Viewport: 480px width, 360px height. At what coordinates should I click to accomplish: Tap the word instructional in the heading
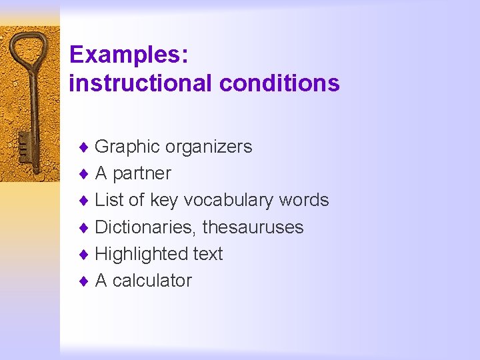click(141, 83)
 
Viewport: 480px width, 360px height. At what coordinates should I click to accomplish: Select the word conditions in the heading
click(279, 83)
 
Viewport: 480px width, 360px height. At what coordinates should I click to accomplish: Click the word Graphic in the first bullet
click(127, 147)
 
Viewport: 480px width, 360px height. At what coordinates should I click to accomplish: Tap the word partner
click(142, 174)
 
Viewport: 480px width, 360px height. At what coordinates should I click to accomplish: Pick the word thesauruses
click(253, 227)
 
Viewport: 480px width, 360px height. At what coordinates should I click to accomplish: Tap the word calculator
click(152, 281)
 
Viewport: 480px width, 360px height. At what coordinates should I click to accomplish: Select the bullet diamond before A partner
click(83, 174)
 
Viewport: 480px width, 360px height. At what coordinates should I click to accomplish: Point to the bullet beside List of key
click(83, 201)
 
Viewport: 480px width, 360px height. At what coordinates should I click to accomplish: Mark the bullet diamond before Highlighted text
click(83, 254)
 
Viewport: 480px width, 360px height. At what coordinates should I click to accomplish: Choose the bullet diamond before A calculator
click(83, 281)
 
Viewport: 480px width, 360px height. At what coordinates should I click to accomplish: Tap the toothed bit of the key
click(23, 145)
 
